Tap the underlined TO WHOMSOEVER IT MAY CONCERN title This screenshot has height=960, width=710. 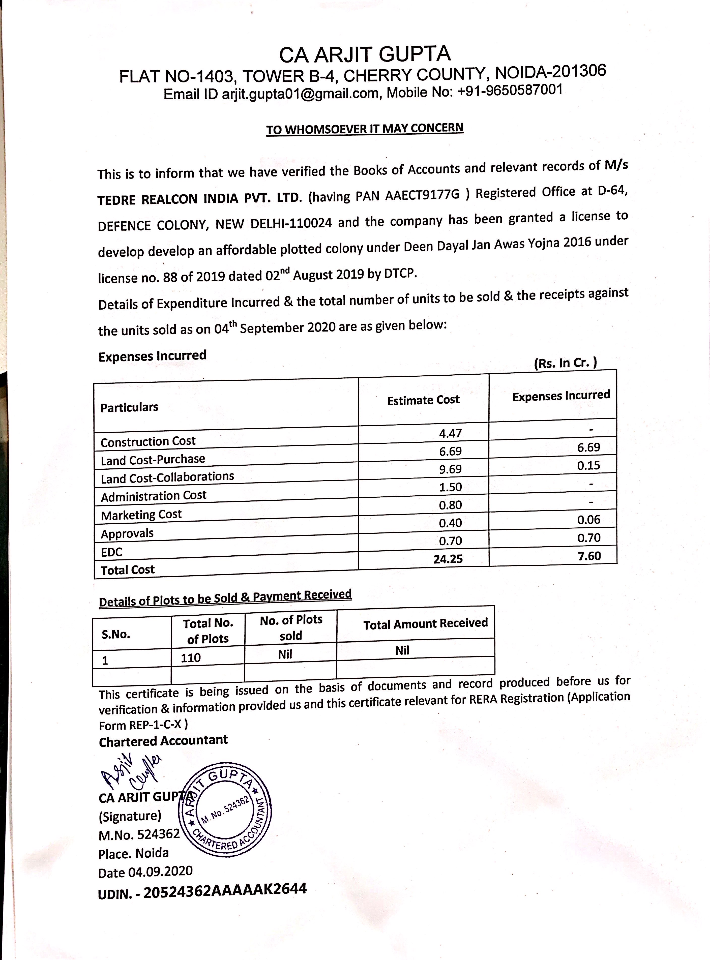coord(365,129)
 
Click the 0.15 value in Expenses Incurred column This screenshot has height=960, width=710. coord(588,465)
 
